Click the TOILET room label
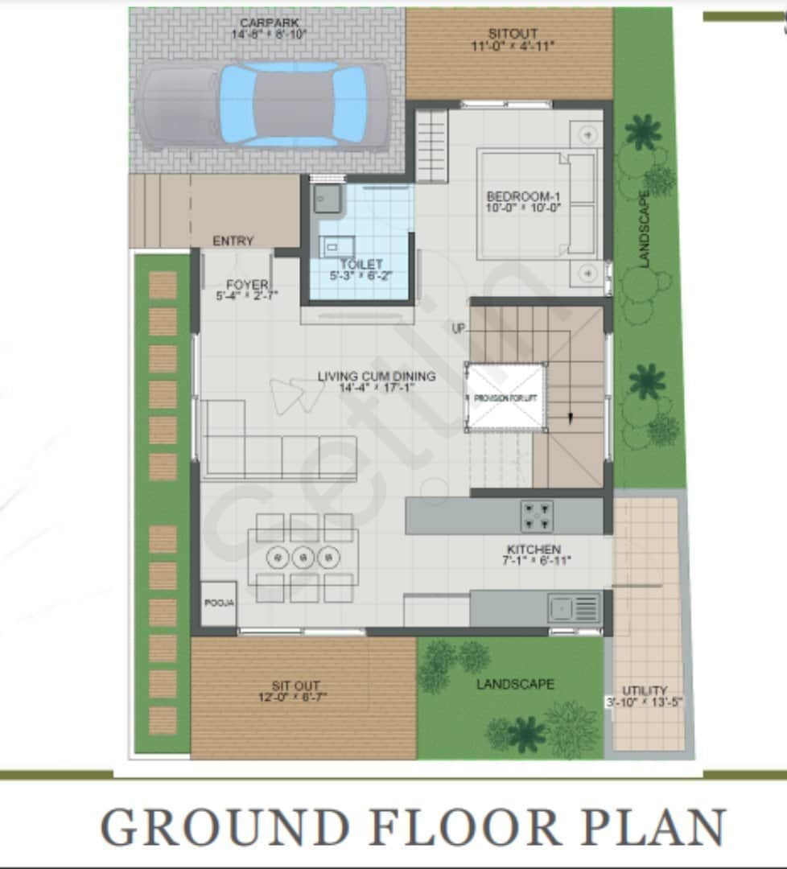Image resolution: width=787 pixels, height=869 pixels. tap(361, 264)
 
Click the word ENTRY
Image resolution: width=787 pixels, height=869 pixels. tap(233, 241)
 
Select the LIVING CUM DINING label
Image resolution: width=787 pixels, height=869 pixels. tap(377, 376)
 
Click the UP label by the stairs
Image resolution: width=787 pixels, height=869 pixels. tap(459, 328)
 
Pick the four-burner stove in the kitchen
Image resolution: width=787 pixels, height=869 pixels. tap(537, 516)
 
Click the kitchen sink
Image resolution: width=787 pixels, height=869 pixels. tap(575, 607)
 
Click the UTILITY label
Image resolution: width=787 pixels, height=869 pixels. tap(645, 690)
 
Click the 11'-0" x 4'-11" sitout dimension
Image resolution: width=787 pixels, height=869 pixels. tap(513, 46)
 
